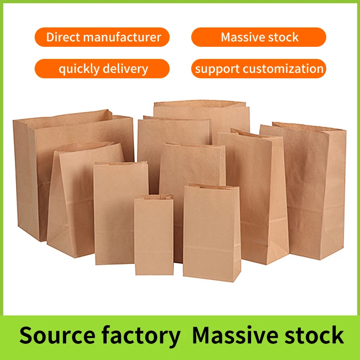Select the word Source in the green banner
58,335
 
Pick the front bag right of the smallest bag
211,233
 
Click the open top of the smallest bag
154,197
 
